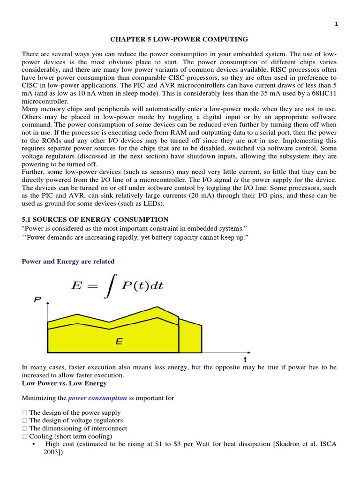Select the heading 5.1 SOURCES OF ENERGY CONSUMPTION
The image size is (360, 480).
tap(95, 219)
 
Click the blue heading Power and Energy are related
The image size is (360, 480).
tap(68, 261)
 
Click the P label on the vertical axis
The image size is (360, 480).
tap(36, 300)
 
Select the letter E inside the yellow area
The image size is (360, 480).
tap(119, 342)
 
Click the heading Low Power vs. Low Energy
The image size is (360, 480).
tap(64, 383)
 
